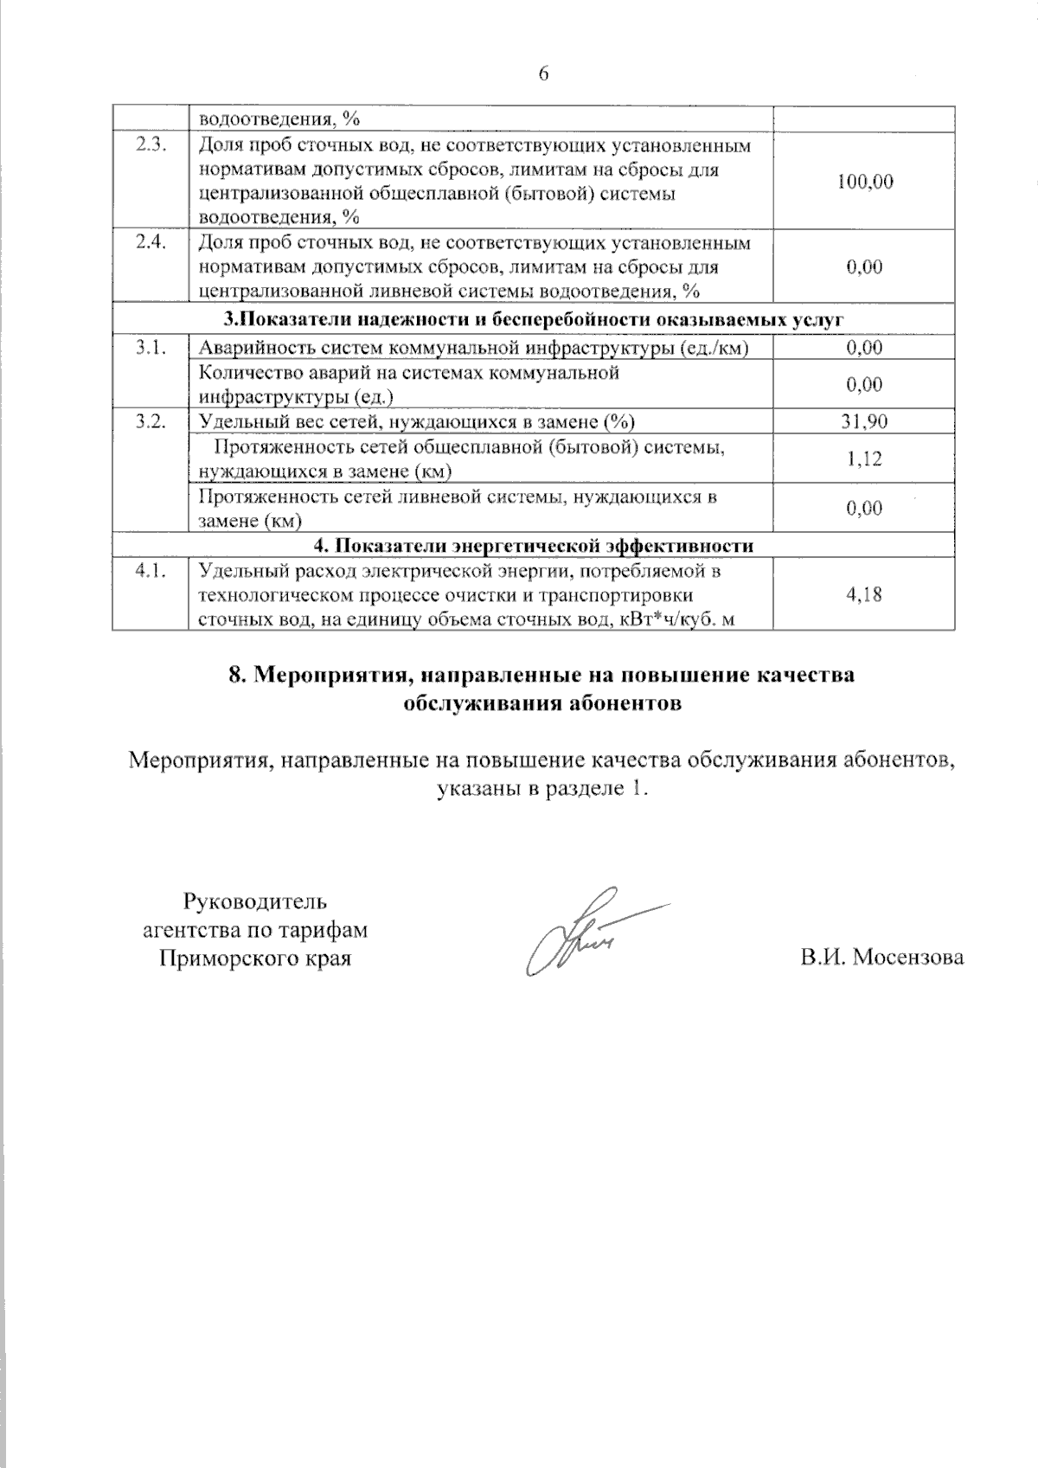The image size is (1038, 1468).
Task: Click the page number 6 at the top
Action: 543,74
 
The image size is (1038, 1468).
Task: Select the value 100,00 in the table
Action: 865,182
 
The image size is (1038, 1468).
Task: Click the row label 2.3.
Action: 151,145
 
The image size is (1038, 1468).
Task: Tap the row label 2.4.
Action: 151,243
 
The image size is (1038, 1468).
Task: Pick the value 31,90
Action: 865,422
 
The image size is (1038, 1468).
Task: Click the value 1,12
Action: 865,458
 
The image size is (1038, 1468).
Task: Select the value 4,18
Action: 865,594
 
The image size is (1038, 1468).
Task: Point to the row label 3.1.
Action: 151,348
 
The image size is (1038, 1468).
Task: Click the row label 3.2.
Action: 151,422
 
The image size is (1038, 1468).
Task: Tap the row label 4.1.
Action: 151,571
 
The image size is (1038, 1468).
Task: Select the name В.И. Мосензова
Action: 881,958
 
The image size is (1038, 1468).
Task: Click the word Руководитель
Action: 254,901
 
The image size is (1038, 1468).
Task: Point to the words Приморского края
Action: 254,958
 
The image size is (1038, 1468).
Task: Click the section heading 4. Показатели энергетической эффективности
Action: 533,546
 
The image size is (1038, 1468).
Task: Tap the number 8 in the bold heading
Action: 235,676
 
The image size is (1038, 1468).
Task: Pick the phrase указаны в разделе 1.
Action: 542,789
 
